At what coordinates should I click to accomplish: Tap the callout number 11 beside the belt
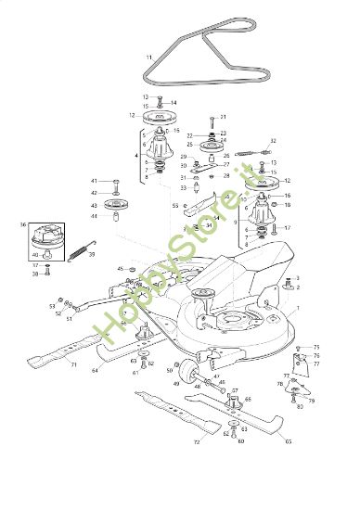coord(148,57)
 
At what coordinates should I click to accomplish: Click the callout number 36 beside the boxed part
coord(22,224)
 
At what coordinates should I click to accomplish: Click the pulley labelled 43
coord(117,205)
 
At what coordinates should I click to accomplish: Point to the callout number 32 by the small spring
coord(273,140)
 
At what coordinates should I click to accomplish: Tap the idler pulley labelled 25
coord(212,145)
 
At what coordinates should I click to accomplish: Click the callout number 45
coord(120,268)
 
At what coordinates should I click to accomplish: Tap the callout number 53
coord(52,305)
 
